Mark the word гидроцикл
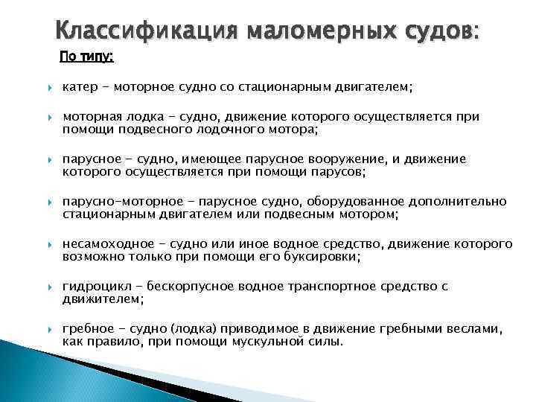click(95, 286)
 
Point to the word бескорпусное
click(191, 286)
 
